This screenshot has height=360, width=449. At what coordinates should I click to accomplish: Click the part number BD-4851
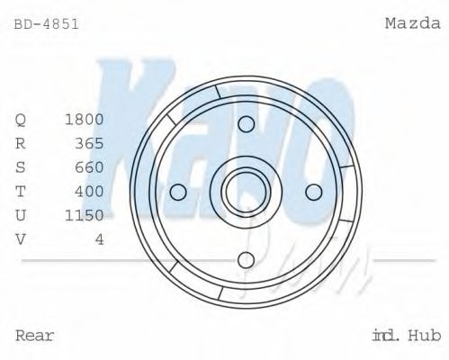pyautogui.click(x=47, y=24)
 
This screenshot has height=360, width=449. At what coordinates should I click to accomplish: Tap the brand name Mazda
pyautogui.click(x=412, y=24)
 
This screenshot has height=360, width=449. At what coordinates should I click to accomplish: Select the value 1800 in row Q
pyautogui.click(x=85, y=119)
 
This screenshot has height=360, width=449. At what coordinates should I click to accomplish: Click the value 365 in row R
pyautogui.click(x=90, y=143)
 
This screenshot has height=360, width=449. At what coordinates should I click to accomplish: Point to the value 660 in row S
pyautogui.click(x=90, y=167)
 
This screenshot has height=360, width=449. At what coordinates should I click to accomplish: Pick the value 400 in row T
pyautogui.click(x=90, y=191)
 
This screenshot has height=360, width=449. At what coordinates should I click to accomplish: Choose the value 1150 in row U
pyautogui.click(x=85, y=215)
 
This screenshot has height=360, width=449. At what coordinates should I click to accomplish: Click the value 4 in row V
pyautogui.click(x=99, y=238)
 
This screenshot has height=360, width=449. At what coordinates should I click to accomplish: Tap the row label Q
pyautogui.click(x=22, y=119)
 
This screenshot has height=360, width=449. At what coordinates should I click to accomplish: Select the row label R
pyautogui.click(x=22, y=143)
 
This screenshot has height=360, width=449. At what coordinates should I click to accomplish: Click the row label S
pyautogui.click(x=22, y=167)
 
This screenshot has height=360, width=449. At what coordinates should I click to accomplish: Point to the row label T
pyautogui.click(x=22, y=191)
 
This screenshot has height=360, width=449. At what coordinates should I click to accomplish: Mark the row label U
pyautogui.click(x=22, y=215)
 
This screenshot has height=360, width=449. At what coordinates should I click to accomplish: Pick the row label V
pyautogui.click(x=22, y=238)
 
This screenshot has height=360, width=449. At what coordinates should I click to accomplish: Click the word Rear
pyautogui.click(x=35, y=336)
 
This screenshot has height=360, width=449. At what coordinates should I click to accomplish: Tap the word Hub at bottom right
pyautogui.click(x=424, y=336)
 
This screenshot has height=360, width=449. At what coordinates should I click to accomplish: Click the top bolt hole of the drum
pyautogui.click(x=246, y=122)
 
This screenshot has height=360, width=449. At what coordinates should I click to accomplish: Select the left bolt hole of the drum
pyautogui.click(x=177, y=192)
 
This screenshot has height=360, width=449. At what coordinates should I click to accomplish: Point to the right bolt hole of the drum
pyautogui.click(x=314, y=192)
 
